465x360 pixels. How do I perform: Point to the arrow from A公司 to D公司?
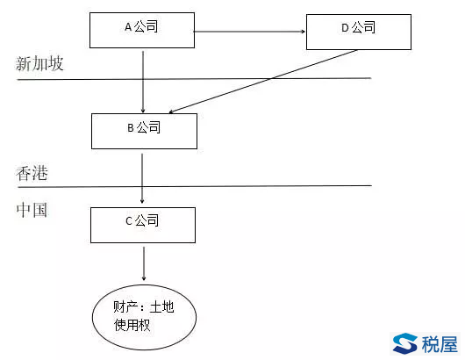click(x=249, y=31)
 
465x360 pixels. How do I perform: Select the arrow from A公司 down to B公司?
click(x=143, y=82)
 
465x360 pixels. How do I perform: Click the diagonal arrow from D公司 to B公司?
click(x=263, y=82)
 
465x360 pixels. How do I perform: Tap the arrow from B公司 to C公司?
click(x=142, y=178)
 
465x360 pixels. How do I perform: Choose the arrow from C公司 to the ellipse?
click(x=144, y=263)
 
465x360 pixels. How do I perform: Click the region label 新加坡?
click(x=39, y=63)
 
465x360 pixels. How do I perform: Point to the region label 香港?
click(x=32, y=173)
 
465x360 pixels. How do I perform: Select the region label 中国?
click(x=32, y=210)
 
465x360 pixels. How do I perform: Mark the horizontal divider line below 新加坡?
click(x=194, y=79)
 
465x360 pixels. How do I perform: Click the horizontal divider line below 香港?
click(x=195, y=186)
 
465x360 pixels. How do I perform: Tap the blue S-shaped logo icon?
click(x=405, y=343)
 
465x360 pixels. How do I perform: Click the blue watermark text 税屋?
click(x=440, y=344)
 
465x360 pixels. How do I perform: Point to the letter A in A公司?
click(x=128, y=27)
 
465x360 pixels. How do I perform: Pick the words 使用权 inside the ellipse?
click(x=132, y=325)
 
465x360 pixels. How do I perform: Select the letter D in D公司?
click(x=345, y=28)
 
